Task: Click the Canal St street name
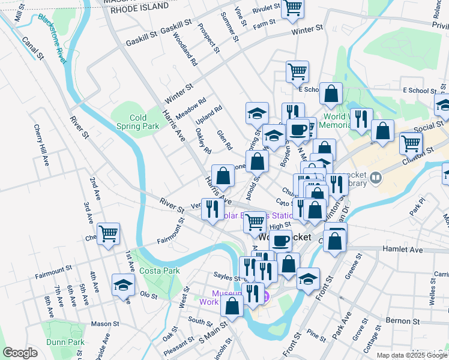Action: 33,48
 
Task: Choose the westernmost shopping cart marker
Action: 108,233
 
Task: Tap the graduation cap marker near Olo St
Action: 123,284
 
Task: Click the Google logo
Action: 20,353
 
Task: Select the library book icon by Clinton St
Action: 375,177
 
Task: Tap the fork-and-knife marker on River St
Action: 212,209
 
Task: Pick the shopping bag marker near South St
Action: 232,305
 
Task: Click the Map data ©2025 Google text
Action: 411,355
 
